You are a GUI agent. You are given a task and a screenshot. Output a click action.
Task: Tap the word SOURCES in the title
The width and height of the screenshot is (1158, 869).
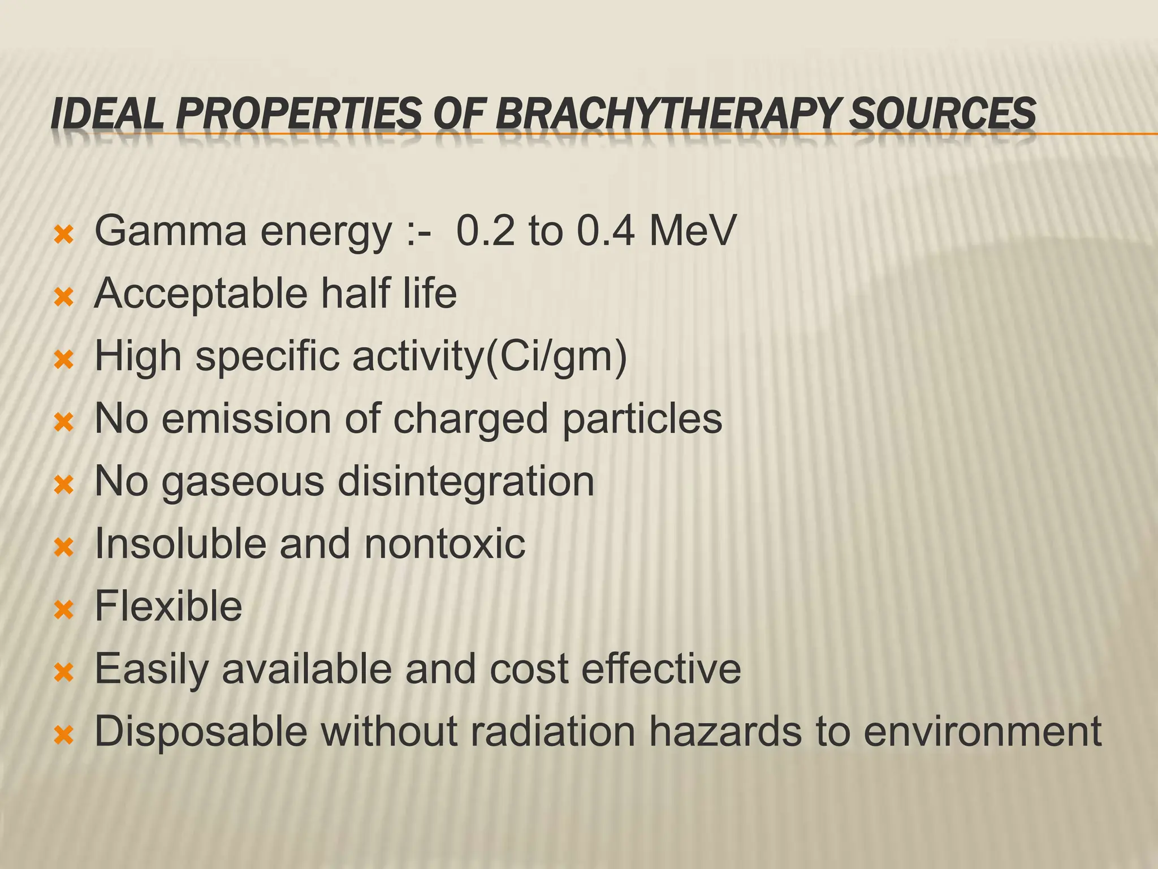(x=943, y=113)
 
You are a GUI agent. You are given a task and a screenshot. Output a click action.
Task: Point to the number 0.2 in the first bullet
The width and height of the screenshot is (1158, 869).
(x=485, y=231)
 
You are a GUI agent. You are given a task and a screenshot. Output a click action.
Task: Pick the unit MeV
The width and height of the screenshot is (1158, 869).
(x=693, y=231)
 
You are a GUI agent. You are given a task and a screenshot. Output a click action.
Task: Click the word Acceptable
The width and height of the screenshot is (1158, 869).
(x=201, y=294)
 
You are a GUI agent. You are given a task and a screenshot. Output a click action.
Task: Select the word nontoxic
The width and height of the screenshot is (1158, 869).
(x=444, y=545)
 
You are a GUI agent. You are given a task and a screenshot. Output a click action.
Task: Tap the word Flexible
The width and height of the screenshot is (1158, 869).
(x=168, y=606)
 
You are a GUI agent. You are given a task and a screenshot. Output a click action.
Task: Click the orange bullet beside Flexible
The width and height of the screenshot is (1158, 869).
(x=64, y=610)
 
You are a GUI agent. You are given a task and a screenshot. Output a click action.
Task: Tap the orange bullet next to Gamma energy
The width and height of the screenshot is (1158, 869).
(x=64, y=234)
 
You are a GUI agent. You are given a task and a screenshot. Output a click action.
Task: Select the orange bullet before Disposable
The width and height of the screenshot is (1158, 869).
(x=64, y=735)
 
